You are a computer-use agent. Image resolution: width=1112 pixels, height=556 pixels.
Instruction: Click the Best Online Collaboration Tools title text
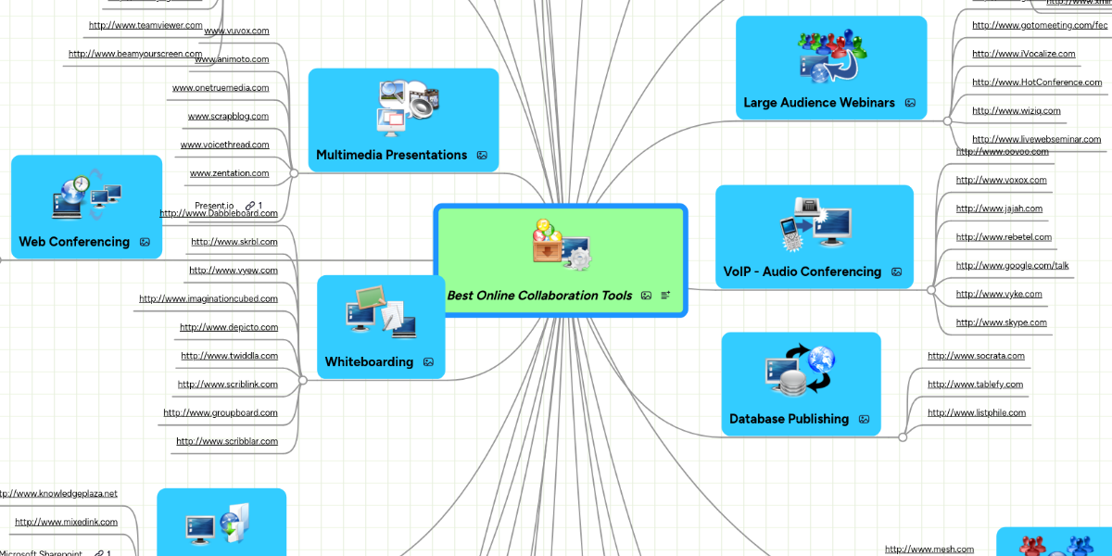pos(539,296)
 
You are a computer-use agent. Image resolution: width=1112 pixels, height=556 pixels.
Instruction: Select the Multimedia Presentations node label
pos(391,155)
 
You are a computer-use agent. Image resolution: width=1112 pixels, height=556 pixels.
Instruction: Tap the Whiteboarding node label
pos(369,361)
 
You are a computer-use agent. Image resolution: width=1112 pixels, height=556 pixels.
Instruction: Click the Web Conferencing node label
pos(74,242)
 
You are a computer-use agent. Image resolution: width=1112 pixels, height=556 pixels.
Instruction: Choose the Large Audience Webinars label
pos(819,103)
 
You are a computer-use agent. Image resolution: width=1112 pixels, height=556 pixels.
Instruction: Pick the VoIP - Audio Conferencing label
pos(802,272)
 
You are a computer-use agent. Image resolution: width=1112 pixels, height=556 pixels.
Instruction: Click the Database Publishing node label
pos(789,419)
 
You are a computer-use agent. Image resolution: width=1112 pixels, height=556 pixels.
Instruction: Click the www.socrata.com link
pos(976,356)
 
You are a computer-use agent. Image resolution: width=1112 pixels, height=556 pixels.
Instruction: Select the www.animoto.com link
pos(232,59)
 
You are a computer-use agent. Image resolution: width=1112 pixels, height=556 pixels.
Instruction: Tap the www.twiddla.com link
pos(229,356)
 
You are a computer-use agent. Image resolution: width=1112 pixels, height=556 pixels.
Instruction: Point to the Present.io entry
pos(214,205)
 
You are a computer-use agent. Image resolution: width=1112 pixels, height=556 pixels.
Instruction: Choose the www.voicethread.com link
pos(224,145)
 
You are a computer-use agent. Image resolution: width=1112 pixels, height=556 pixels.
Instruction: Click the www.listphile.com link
pos(977,412)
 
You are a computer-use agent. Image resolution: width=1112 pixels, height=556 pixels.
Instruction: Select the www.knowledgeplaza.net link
pos(58,494)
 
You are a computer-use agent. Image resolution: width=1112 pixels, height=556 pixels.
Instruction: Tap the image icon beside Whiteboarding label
pos(428,362)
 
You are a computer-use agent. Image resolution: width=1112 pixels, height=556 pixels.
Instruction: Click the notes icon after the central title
pos(665,296)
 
